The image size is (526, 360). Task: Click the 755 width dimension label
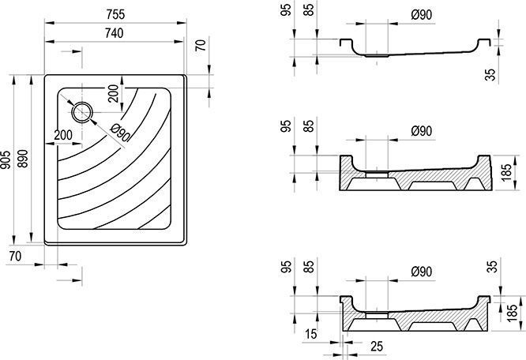(x=115, y=15)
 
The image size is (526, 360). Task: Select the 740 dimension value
(x=114, y=33)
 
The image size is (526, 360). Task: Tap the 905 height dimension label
(x=6, y=160)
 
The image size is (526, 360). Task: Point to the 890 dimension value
(x=23, y=159)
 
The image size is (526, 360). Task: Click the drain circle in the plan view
(x=82, y=113)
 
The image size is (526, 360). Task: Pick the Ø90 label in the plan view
(x=119, y=132)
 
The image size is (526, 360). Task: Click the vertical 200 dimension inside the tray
(x=114, y=94)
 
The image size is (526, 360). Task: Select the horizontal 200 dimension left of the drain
(x=63, y=135)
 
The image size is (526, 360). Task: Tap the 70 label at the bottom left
(x=16, y=257)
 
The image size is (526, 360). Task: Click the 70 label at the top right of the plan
(x=201, y=46)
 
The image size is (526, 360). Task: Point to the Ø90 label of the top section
(x=422, y=15)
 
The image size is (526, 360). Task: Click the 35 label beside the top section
(x=490, y=74)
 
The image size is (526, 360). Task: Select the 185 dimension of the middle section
(x=507, y=173)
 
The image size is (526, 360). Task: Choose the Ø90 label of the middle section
(x=422, y=131)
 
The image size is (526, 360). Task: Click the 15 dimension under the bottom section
(x=311, y=334)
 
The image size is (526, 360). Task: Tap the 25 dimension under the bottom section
(x=377, y=347)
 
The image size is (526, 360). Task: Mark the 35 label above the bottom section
(x=493, y=267)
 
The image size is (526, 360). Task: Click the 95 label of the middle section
(x=286, y=126)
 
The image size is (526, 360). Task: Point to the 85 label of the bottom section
(x=309, y=267)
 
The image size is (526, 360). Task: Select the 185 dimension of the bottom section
(x=513, y=313)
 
